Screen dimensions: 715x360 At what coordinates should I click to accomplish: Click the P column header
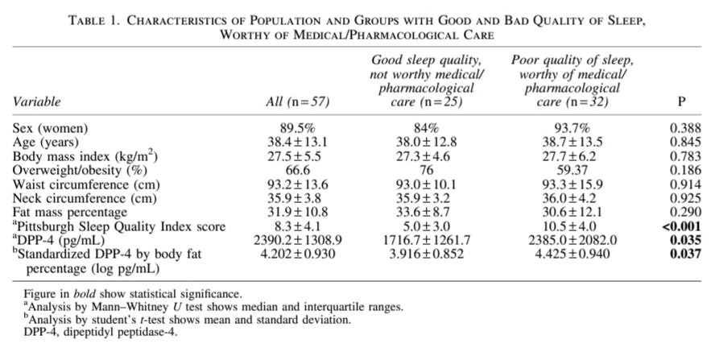pyautogui.click(x=682, y=101)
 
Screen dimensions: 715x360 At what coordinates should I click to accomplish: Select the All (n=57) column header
pyautogui.click(x=297, y=101)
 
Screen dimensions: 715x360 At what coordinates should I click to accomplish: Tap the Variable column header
pyautogui.click(x=36, y=101)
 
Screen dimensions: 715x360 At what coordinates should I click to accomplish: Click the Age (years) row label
pyautogui.click(x=46, y=143)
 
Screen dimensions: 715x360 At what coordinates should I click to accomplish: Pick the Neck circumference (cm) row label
pyautogui.click(x=85, y=198)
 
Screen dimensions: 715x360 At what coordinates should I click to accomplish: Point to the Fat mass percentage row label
pyautogui.click(x=70, y=213)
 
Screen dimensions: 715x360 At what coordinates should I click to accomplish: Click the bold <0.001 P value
pyautogui.click(x=681, y=226)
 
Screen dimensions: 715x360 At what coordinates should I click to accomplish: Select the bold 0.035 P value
pyautogui.click(x=685, y=240)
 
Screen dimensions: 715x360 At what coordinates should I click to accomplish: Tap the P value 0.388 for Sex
pyautogui.click(x=685, y=128)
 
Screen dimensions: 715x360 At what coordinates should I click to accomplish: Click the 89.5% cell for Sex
pyautogui.click(x=297, y=128)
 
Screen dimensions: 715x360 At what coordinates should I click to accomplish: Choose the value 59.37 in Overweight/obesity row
pyautogui.click(x=572, y=170)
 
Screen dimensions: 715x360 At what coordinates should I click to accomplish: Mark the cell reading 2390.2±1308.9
pyautogui.click(x=298, y=240)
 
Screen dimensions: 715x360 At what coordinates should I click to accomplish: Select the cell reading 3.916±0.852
pyautogui.click(x=427, y=254)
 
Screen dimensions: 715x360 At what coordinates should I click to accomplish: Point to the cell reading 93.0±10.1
pyautogui.click(x=427, y=184)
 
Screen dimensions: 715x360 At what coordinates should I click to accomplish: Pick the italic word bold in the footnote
pyautogui.click(x=85, y=293)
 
